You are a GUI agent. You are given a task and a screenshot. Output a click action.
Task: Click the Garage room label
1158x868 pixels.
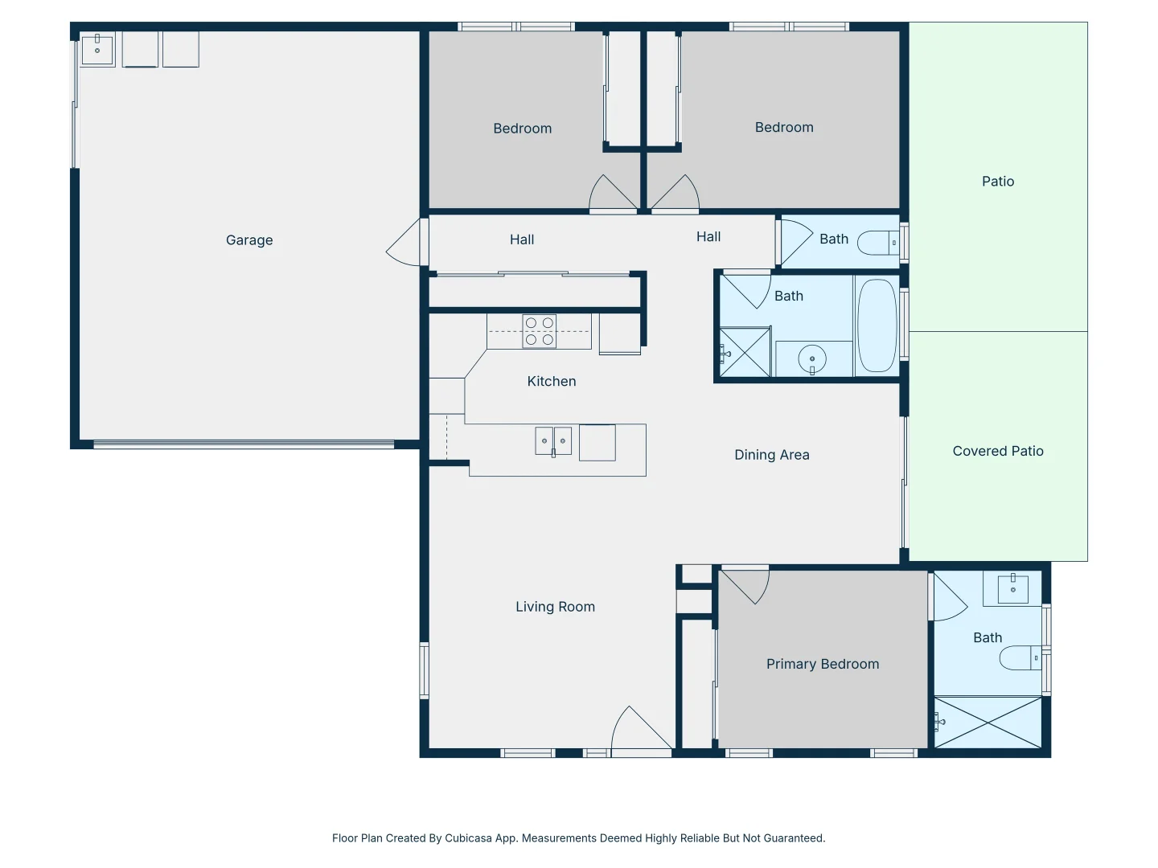pos(249,240)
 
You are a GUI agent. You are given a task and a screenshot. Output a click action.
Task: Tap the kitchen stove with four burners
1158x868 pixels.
pos(540,331)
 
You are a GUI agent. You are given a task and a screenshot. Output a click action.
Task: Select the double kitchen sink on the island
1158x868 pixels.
pos(553,441)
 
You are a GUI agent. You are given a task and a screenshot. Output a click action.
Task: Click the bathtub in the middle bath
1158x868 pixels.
pos(877,325)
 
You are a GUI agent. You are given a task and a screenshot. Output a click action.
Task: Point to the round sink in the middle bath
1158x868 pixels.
pos(812,359)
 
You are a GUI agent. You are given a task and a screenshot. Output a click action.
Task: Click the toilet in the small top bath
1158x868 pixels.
pos(877,242)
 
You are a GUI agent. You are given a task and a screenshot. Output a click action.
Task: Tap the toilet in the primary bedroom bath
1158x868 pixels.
pos(1020,658)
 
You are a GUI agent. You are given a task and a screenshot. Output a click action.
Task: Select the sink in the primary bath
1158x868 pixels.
pos(1012,589)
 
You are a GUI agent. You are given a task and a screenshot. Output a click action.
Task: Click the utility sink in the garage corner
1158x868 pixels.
pos(97,49)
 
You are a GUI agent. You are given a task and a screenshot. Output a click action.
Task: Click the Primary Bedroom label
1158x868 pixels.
pos(823,664)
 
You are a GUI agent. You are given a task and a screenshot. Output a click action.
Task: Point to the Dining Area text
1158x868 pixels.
pos(771,455)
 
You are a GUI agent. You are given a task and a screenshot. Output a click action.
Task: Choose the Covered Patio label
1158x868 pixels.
pos(997,452)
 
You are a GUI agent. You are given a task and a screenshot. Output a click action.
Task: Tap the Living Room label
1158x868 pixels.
pos(555,607)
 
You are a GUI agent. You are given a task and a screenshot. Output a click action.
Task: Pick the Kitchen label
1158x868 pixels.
pos(551,381)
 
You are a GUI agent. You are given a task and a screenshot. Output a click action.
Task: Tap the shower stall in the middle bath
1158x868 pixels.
pos(745,352)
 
